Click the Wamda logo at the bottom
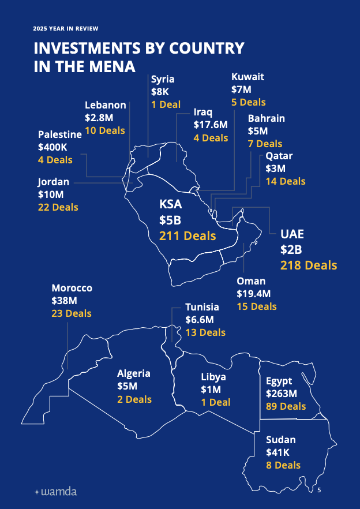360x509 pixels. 55,492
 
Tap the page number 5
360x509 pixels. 319,490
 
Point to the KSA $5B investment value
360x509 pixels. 170,220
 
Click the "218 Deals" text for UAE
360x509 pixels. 309,265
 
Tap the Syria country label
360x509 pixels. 163,79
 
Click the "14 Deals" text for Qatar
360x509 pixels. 286,181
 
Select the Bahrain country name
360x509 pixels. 267,118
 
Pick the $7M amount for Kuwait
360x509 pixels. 241,89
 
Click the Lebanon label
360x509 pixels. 106,105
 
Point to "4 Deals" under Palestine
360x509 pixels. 55,160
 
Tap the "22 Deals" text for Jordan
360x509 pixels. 58,207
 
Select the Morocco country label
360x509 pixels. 72,288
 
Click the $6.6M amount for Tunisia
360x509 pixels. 200,320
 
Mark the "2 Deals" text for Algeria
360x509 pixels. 134,399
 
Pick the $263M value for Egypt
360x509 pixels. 281,394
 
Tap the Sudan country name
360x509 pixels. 281,440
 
